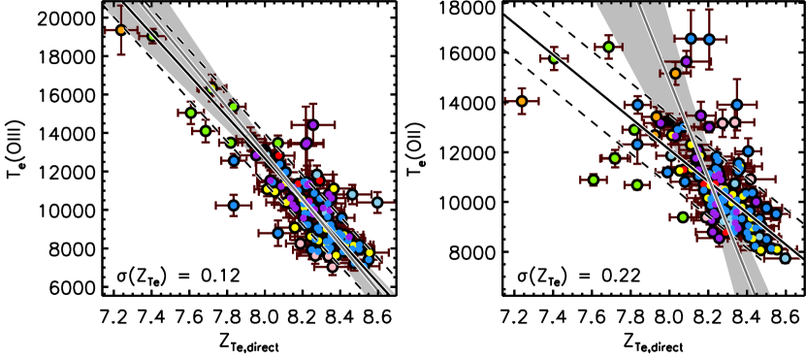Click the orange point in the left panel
121,30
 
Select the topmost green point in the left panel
151,37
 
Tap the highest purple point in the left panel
312,125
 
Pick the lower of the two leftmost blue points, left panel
234,206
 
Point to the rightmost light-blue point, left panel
377,203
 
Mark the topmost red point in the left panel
278,155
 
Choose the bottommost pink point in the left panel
332,267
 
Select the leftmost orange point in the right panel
522,101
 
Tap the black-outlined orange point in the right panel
676,74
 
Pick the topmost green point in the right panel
608,47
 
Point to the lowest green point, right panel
683,217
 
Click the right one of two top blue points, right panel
709,40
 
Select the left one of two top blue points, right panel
691,39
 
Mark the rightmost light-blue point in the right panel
786,258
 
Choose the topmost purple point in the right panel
686,62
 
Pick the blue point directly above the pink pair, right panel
736,105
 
